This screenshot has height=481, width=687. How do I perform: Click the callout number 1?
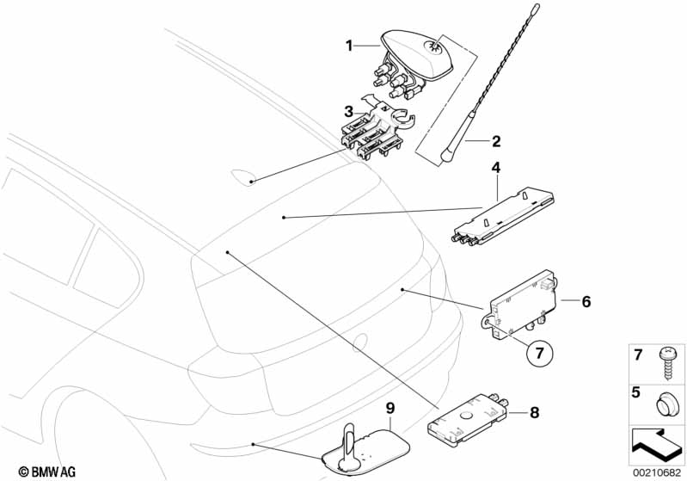pos(349,46)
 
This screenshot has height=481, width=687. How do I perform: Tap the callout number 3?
pos(349,111)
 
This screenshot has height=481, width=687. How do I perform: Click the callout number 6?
pos(586,301)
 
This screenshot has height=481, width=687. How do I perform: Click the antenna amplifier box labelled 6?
pos(524,302)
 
